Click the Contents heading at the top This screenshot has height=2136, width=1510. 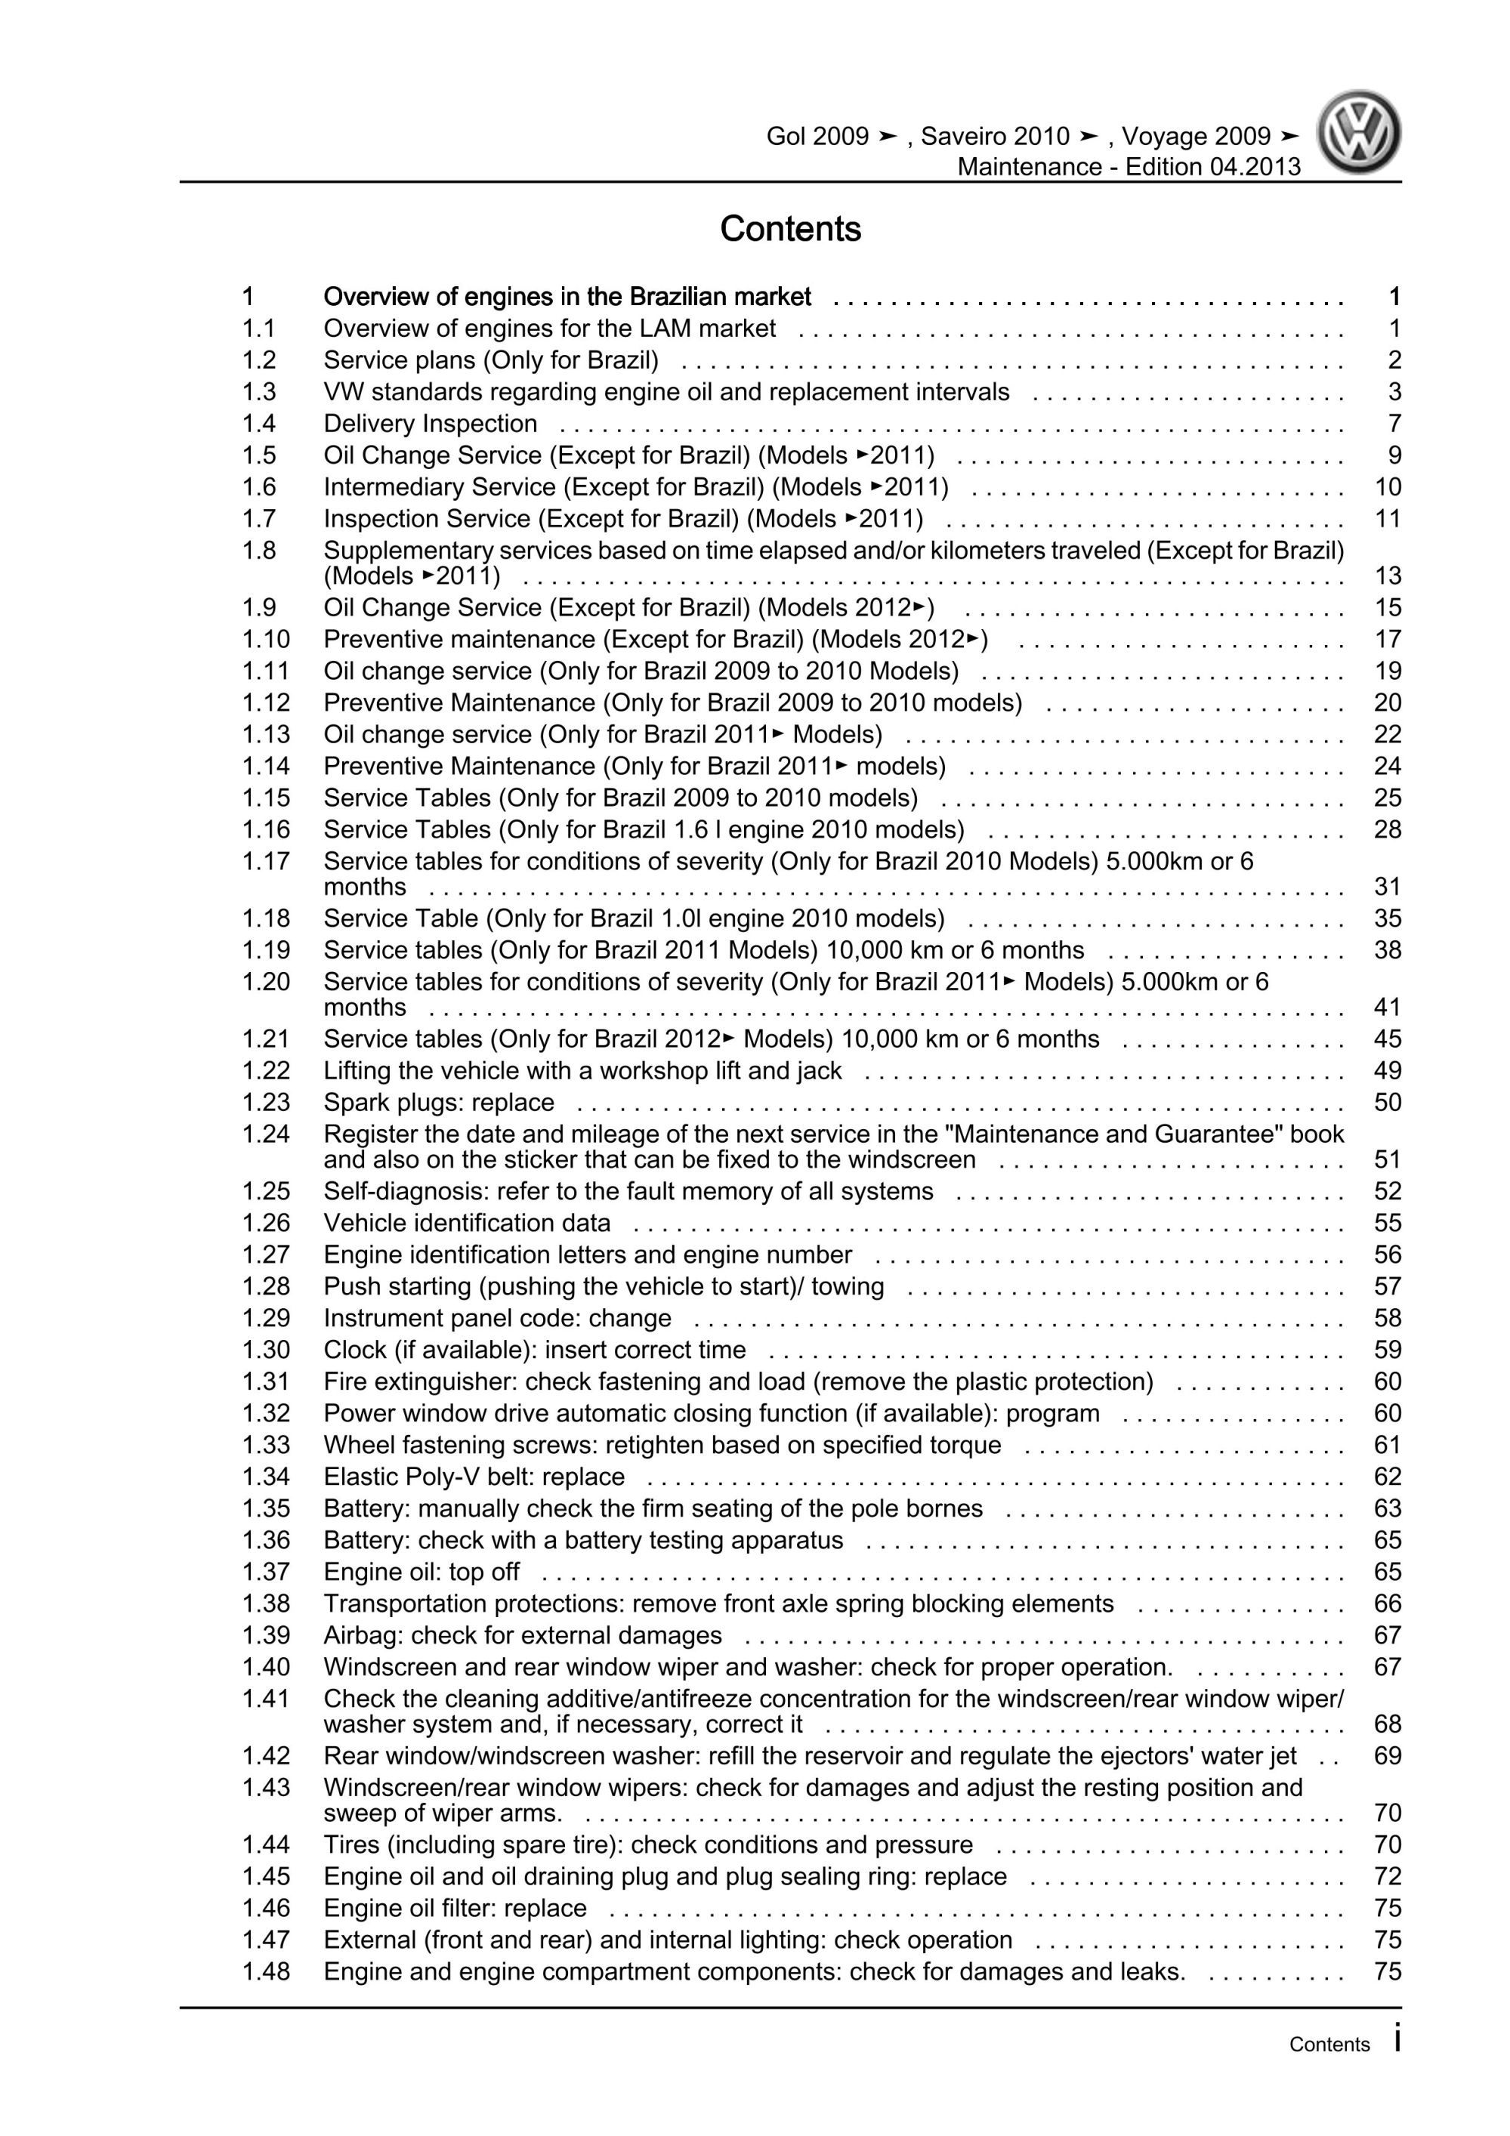790,229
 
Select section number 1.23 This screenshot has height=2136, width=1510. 266,1103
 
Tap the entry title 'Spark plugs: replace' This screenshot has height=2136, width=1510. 438,1103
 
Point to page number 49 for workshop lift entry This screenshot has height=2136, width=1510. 1386,1071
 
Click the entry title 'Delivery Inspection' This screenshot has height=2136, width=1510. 430,424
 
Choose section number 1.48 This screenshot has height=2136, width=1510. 266,1971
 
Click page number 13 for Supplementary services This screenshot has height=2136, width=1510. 1386,576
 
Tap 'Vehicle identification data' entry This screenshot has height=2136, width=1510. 467,1224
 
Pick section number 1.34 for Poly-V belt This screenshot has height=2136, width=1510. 266,1477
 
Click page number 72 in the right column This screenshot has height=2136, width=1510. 1386,1876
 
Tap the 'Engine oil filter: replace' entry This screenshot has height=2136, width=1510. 455,1908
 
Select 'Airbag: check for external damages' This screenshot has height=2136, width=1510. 522,1634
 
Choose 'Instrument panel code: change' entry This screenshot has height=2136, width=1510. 497,1318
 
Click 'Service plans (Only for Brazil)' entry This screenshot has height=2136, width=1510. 490,361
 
